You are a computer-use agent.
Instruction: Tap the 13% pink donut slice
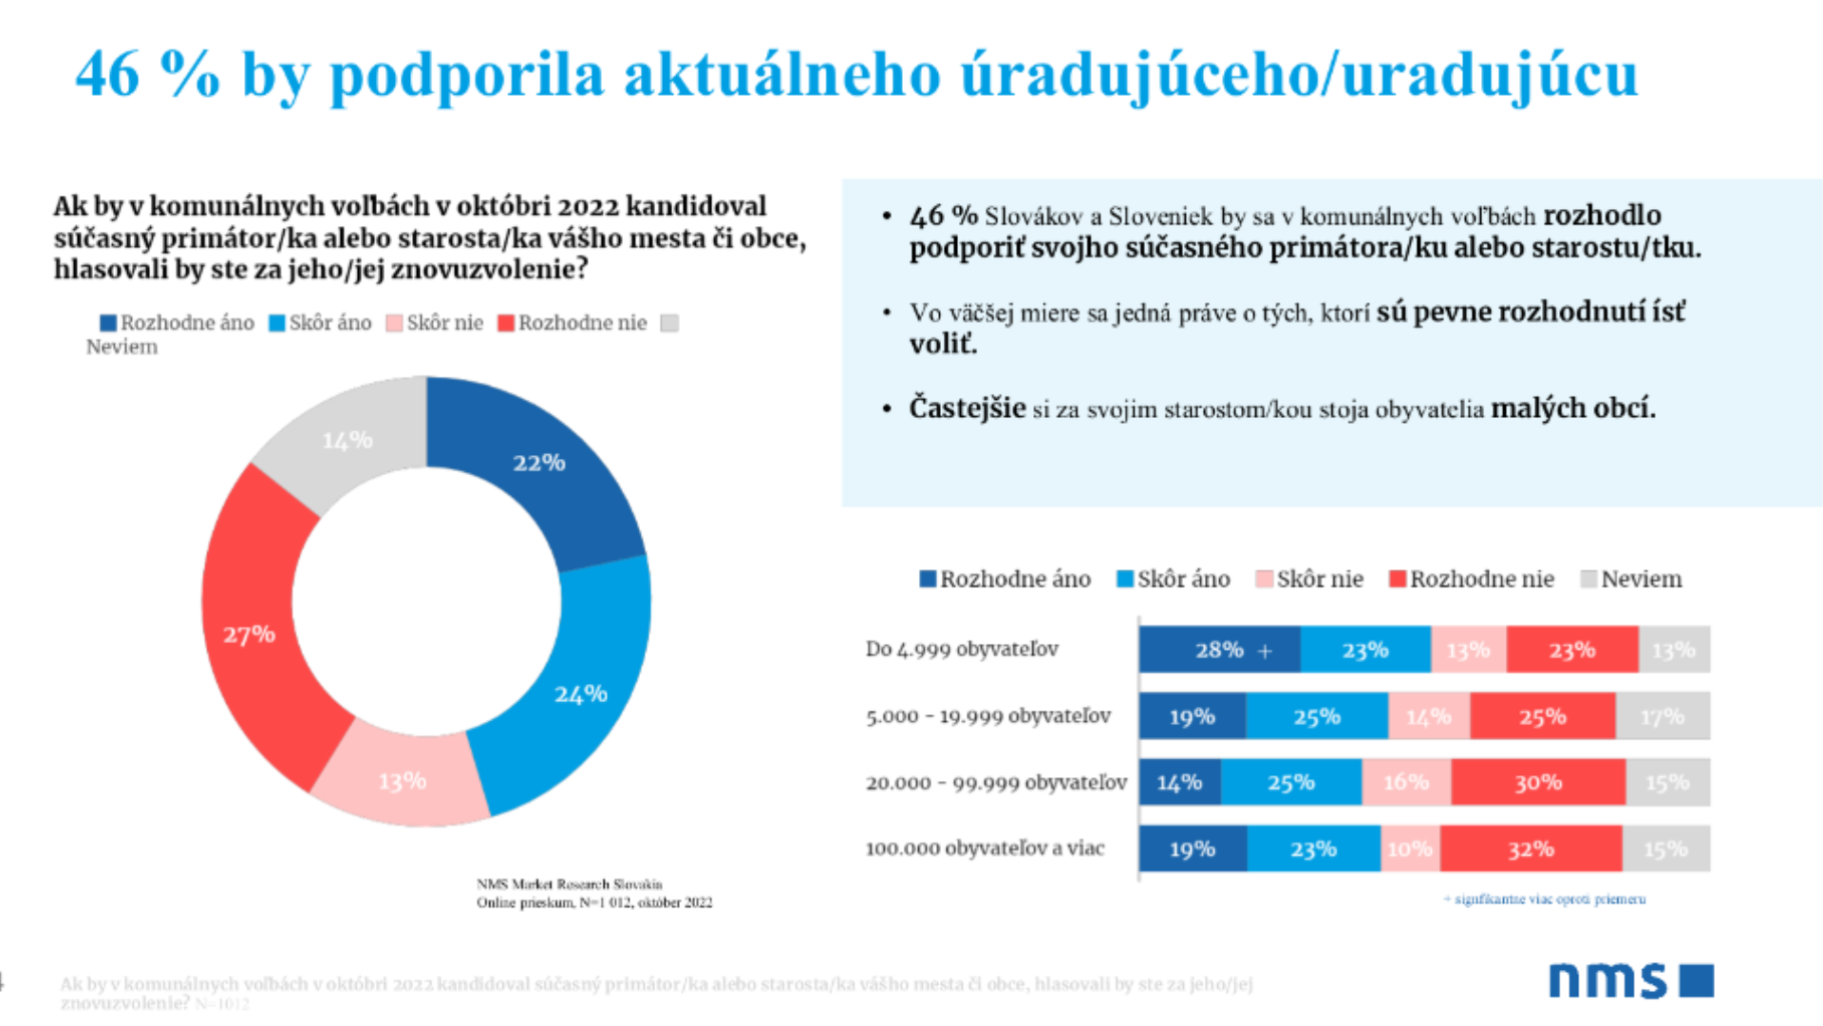[403, 779]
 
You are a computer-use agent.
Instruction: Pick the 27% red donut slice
[249, 634]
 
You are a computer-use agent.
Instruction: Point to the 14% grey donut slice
[348, 441]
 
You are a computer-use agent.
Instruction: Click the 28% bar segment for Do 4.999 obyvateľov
[1219, 650]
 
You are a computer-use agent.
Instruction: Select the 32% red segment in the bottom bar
[1531, 848]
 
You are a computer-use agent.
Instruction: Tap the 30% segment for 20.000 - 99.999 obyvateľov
[1538, 782]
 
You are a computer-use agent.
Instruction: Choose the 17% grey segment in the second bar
[1662, 716]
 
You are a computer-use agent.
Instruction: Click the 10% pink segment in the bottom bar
[1410, 848]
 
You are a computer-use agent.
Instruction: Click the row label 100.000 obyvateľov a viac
[985, 848]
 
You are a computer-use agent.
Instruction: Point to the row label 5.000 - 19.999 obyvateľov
[987, 715]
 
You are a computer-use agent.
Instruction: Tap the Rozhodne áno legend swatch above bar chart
[928, 579]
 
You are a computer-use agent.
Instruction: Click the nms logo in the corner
[1630, 980]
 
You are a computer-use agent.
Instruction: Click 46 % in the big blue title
[147, 73]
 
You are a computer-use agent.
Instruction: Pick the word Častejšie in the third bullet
[967, 408]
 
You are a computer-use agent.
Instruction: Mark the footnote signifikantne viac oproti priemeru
[1545, 899]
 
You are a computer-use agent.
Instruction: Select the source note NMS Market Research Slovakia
[569, 883]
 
